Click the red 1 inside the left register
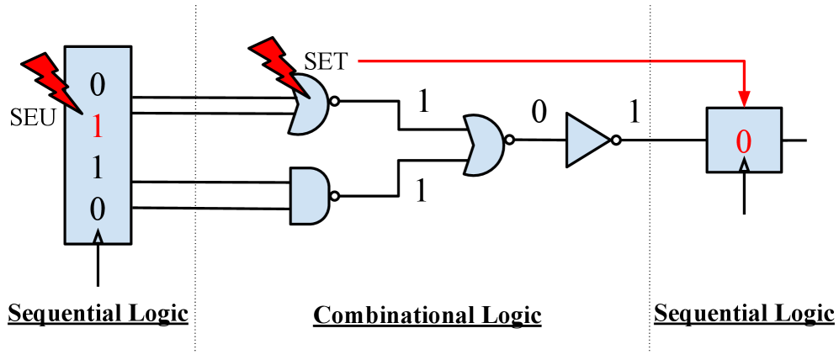(98, 126)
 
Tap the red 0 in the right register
(743, 141)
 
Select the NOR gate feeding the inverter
(481, 145)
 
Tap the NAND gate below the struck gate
(309, 195)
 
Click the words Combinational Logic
(427, 315)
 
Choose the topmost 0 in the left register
(98, 84)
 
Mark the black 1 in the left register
(98, 168)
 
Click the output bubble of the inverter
(617, 140)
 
